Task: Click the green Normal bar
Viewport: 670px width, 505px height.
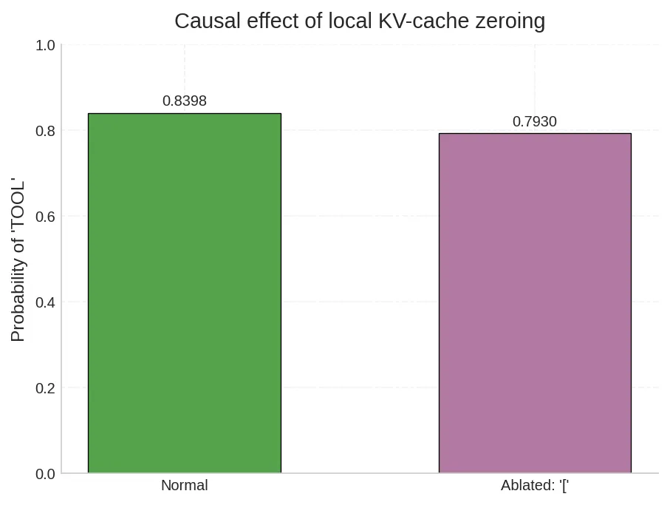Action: click(x=185, y=293)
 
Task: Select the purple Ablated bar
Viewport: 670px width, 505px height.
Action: click(x=535, y=303)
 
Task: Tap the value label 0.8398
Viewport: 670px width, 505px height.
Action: click(x=185, y=101)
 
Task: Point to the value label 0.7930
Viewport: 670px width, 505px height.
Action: click(x=535, y=122)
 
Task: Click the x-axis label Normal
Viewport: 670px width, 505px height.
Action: click(x=185, y=486)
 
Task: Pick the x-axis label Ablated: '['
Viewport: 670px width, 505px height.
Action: click(x=535, y=486)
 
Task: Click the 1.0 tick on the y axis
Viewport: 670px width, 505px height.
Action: click(x=46, y=46)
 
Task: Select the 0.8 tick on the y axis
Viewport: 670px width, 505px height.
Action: click(x=46, y=132)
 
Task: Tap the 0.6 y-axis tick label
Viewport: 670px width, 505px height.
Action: click(x=46, y=217)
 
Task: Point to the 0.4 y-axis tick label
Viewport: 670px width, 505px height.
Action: click(x=46, y=302)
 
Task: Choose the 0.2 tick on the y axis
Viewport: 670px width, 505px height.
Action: click(x=46, y=388)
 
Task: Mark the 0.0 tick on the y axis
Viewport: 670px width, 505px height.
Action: click(x=46, y=474)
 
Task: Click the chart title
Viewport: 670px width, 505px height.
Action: click(x=360, y=21)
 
